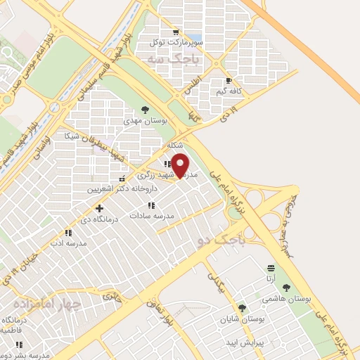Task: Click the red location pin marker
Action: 181,165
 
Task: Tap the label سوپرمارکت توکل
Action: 175,42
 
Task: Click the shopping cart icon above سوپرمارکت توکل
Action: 175,32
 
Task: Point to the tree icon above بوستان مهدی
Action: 145,110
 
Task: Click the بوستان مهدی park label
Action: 143,121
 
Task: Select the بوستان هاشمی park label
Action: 286,299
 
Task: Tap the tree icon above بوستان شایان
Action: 243,308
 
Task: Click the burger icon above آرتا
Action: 271,268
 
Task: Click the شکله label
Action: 175,144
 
